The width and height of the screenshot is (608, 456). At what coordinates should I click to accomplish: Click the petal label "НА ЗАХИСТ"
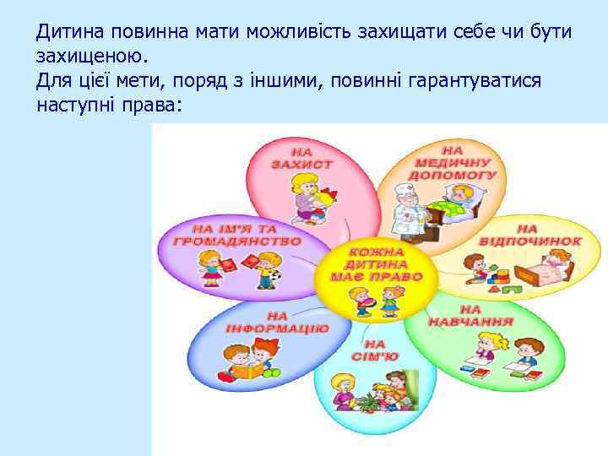(301, 158)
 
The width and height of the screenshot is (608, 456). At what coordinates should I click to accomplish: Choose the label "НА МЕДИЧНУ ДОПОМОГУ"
(452, 160)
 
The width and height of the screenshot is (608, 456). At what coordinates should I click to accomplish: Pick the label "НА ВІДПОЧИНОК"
(529, 235)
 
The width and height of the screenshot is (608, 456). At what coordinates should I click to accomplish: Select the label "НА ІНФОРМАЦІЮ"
(265, 322)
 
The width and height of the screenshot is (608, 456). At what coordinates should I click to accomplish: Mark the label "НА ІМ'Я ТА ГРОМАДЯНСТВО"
(236, 234)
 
